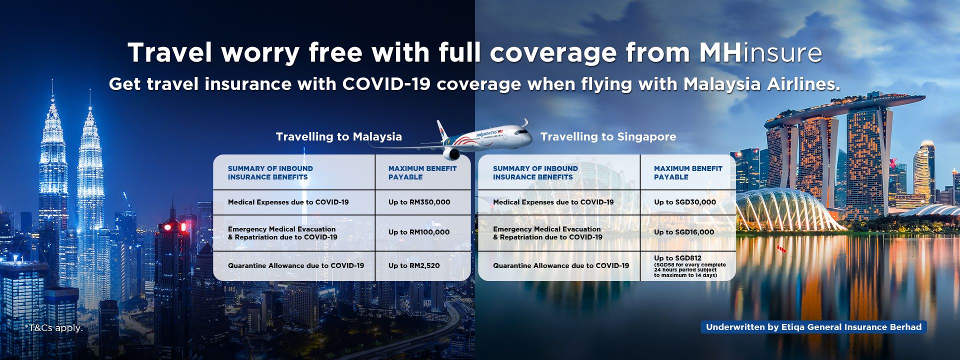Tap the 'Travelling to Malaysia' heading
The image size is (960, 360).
point(339,136)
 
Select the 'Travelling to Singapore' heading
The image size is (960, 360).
point(608,136)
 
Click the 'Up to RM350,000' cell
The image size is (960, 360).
point(419,202)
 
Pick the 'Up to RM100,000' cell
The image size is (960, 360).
point(419,232)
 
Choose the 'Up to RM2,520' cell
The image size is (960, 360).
point(414,265)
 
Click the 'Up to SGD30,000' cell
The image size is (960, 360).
point(685,202)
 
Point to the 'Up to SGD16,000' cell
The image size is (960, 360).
point(684,232)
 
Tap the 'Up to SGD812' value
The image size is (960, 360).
point(677,258)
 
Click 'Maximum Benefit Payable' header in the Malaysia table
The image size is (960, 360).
point(422,173)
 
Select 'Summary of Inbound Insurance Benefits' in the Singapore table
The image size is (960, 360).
point(535,173)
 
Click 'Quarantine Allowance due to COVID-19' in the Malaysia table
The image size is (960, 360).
point(296,265)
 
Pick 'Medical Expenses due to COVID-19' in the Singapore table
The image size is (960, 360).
point(553,202)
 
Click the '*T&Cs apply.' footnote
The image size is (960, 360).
point(54,328)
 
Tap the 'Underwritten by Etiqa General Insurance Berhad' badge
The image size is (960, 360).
point(813,327)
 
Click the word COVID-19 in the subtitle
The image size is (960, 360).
point(386,84)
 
